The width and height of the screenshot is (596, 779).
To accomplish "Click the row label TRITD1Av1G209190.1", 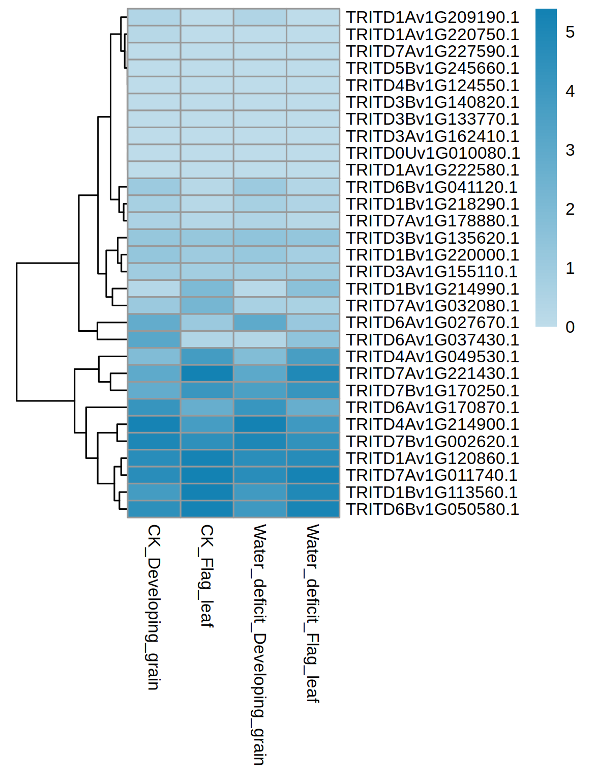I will [x=432, y=17].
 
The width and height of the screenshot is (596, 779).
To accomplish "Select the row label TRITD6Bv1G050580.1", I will [x=432, y=509].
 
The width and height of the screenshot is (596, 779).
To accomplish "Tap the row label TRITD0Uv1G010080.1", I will [x=432, y=153].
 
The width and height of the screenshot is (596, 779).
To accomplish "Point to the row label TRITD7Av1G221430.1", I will [x=432, y=373].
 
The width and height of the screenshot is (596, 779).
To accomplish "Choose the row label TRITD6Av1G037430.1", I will [x=432, y=340].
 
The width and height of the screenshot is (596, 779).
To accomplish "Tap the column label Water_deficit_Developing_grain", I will [x=259, y=645].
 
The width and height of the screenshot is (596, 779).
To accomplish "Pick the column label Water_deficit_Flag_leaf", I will [x=312, y=613].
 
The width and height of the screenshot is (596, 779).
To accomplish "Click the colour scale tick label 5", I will [x=570, y=33].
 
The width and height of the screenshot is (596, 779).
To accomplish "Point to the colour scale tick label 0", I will [x=570, y=327].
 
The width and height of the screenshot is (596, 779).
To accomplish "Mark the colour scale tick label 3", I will [x=570, y=151].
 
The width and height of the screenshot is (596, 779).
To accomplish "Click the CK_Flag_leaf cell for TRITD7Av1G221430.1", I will [x=207, y=373].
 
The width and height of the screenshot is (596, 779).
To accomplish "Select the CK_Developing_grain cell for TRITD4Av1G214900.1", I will [x=154, y=424].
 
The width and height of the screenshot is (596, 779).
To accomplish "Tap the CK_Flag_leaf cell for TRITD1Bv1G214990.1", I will [x=207, y=289].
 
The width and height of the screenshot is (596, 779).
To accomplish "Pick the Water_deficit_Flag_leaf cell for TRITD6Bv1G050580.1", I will [x=313, y=509].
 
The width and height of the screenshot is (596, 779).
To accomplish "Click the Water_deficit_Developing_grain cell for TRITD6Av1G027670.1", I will [x=260, y=323].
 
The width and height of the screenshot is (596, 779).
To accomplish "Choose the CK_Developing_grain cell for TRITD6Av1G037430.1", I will [x=154, y=340].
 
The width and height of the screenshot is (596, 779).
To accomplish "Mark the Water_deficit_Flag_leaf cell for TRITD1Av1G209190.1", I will [x=313, y=17].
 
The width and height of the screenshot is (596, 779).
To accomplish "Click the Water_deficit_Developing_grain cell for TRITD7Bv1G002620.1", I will [x=260, y=441].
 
